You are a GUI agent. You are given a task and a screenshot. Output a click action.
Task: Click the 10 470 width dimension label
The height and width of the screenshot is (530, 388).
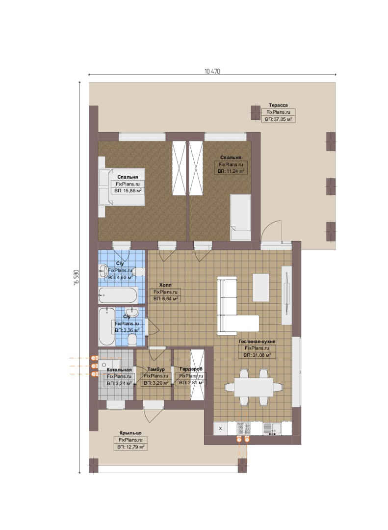pos(212,71)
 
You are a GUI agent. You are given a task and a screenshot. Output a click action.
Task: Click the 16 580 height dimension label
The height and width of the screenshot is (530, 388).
pos(76,277)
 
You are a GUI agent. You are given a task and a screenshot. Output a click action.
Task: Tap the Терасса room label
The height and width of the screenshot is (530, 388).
pos(278,105)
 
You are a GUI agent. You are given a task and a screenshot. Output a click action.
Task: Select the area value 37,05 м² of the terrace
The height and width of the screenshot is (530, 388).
pos(279,119)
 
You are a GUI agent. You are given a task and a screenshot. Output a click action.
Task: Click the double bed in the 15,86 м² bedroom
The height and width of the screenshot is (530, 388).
pos(122,186)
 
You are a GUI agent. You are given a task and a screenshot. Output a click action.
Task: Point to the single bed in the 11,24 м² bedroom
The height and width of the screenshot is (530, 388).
pos(240,217)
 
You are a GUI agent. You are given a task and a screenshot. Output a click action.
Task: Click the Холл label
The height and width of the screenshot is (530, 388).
pos(165,285)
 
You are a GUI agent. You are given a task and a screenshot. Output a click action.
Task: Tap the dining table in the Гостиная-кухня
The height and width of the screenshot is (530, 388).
pos(254,387)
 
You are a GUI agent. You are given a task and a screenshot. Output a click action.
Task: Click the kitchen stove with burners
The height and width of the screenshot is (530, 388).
pos(244,428)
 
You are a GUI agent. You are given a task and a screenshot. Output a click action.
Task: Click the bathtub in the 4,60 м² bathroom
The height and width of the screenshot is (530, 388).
pos(118,295)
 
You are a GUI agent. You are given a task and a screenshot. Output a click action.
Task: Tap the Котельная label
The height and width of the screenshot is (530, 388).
pos(119,370)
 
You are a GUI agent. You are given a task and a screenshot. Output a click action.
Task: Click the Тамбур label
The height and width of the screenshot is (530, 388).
pos(156,370)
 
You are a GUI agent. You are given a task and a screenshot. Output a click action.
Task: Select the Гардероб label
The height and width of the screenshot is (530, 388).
pos(191,369)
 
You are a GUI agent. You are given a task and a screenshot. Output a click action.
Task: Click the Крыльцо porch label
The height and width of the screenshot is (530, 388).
pos(130,433)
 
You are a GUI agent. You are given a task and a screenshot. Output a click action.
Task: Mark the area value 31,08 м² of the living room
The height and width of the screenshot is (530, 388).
pos(257,355)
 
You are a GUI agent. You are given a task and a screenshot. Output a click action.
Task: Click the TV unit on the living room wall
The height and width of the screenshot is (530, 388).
pos(286,295)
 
